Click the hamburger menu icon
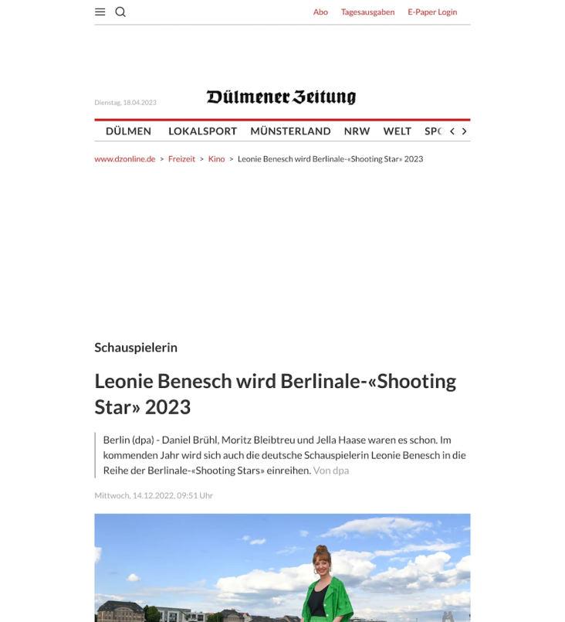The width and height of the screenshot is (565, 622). point(100,12)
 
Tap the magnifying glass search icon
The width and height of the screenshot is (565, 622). point(120,12)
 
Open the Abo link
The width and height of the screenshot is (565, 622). point(320,12)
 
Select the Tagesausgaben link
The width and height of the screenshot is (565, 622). point(367,12)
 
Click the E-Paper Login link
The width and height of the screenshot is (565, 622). point(432,12)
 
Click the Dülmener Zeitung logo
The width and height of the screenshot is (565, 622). point(281,97)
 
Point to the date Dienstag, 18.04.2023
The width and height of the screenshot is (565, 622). point(125,103)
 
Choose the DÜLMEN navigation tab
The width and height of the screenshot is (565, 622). point(128,131)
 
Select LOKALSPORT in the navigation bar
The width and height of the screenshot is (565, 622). point(202,131)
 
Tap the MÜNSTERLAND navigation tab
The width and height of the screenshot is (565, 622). point(290,131)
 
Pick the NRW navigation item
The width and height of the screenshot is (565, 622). point(357,131)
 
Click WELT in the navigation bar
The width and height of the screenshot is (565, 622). point(398,131)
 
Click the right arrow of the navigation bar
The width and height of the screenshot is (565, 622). point(464,131)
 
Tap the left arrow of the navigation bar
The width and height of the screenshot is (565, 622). point(452,131)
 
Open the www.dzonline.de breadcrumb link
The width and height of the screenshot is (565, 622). point(125,159)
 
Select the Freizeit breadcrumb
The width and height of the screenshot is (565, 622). point(181,159)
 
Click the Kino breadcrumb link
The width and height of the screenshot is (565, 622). point(216,159)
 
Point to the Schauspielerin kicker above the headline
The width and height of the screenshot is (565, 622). point(136,348)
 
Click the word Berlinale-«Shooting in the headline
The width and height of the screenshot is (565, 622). point(368,381)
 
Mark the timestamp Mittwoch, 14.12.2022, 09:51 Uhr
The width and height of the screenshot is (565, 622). point(154,495)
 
